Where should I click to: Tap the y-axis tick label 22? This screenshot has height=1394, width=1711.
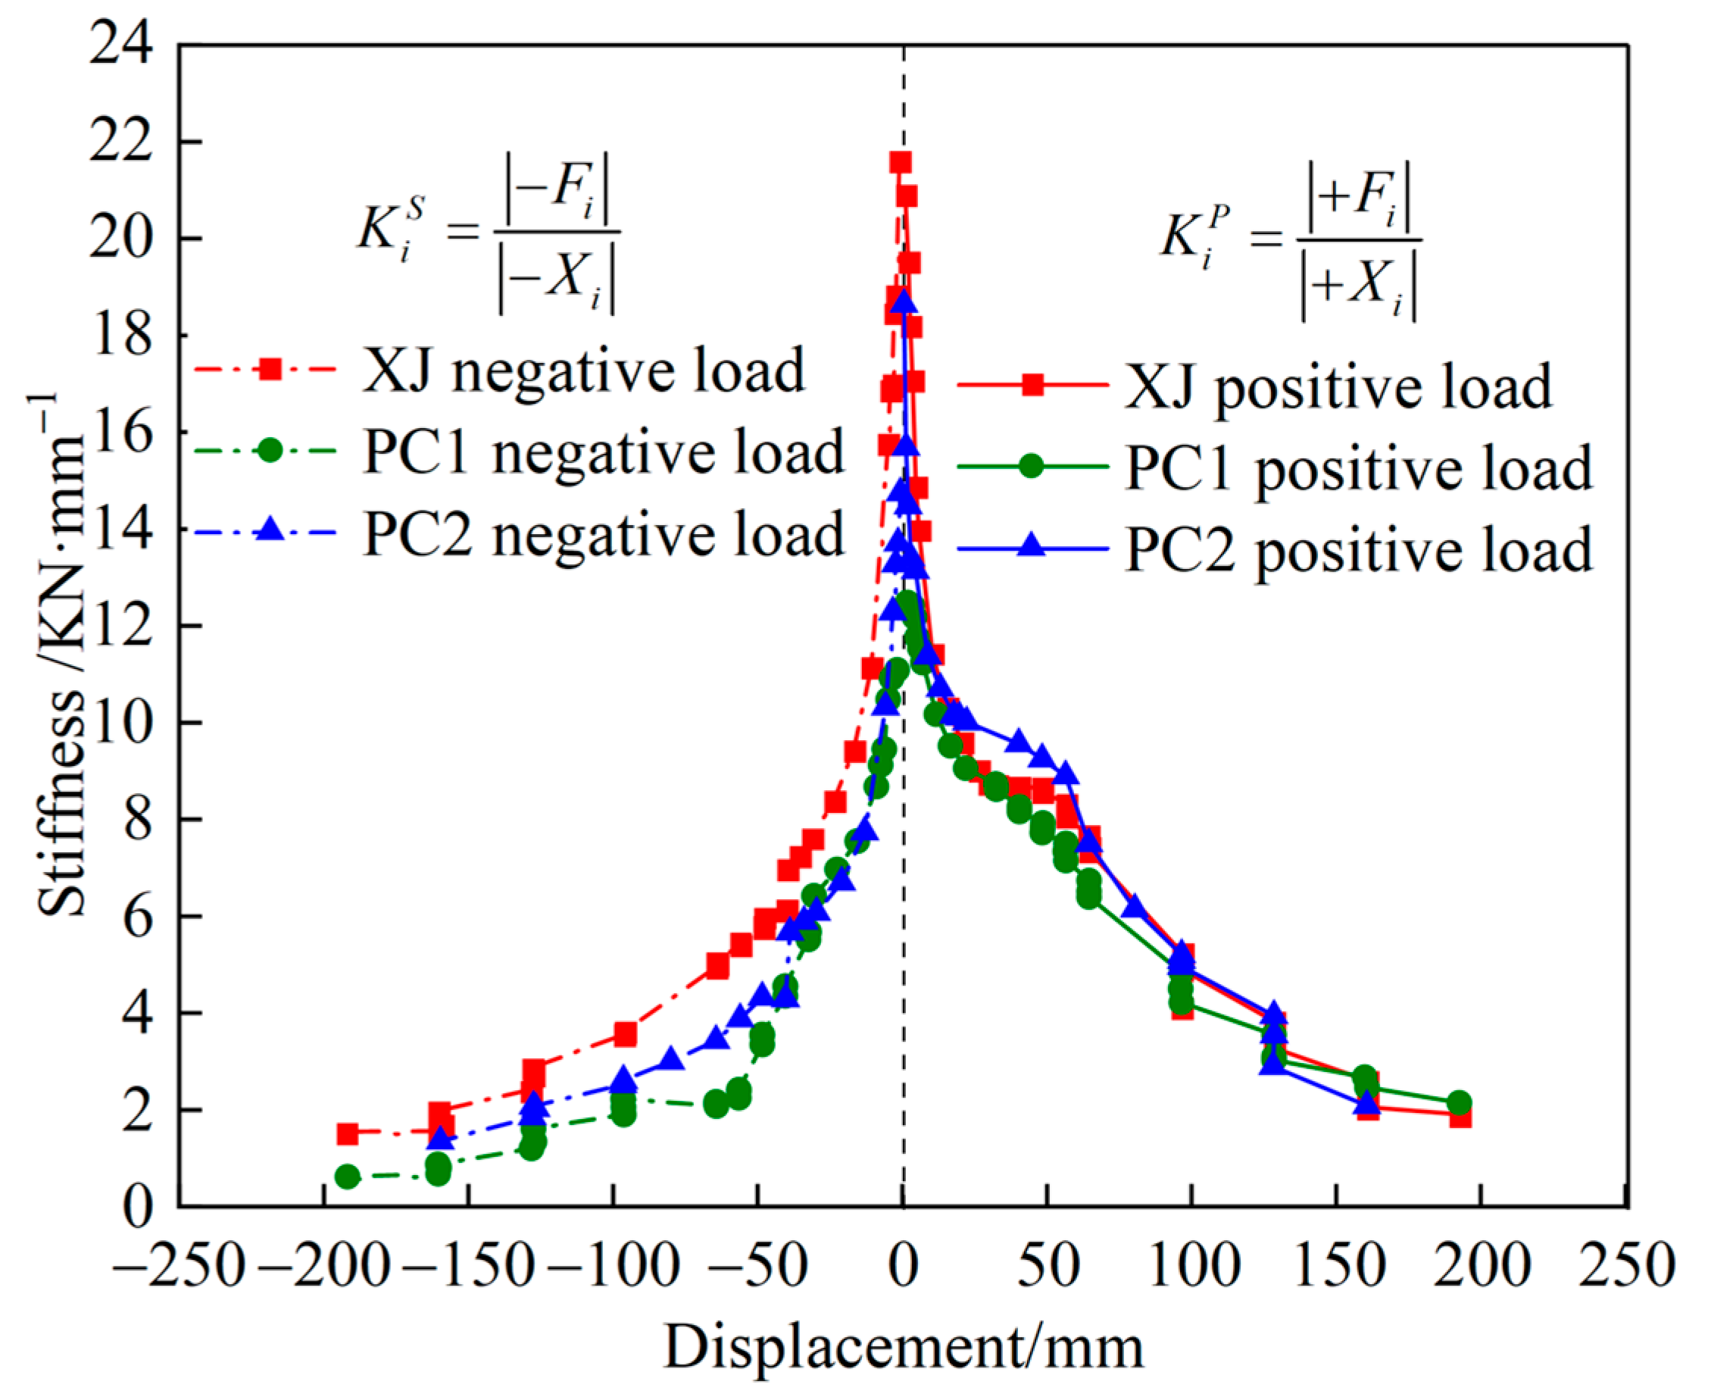click(x=120, y=143)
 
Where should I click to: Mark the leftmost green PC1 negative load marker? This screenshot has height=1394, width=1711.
click(x=347, y=1177)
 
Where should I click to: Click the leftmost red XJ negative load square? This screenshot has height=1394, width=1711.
click(x=347, y=1134)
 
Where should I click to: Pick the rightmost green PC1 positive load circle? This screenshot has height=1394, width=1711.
click(x=1459, y=1103)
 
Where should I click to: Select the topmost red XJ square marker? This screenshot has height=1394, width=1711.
click(x=900, y=163)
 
